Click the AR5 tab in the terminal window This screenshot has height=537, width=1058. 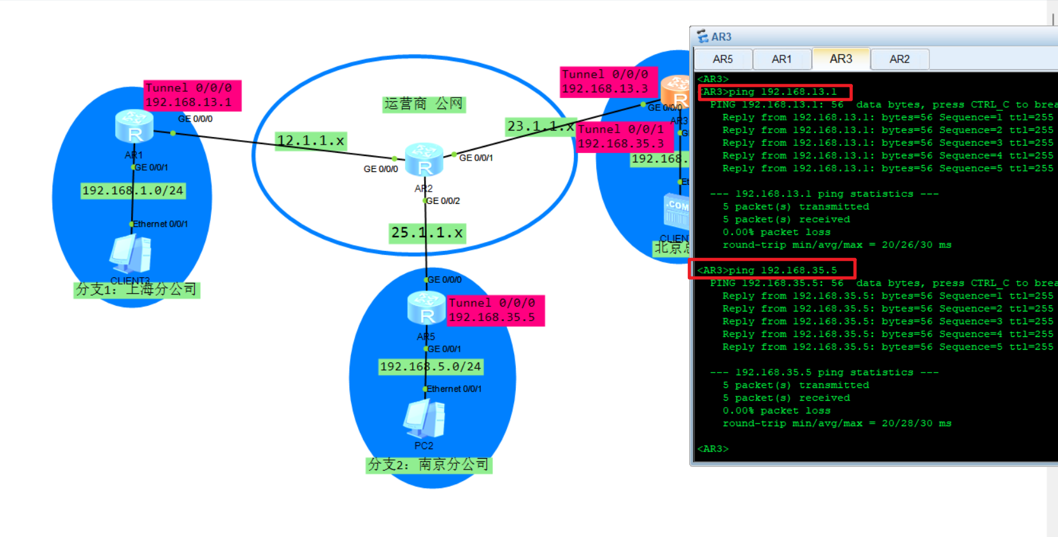click(x=722, y=59)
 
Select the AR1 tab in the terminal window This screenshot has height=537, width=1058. click(x=782, y=59)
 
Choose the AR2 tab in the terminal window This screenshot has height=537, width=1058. click(x=899, y=59)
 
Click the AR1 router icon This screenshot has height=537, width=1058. click(x=134, y=126)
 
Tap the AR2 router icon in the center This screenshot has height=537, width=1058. click(x=424, y=160)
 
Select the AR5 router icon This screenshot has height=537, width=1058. click(x=426, y=308)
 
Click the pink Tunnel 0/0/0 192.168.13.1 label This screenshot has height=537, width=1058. click(x=192, y=95)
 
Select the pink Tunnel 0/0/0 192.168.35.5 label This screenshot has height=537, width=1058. click(x=496, y=310)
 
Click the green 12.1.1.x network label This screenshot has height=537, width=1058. click(x=311, y=141)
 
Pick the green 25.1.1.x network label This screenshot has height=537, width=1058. click(x=427, y=233)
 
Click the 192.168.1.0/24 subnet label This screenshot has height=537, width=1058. click(x=132, y=190)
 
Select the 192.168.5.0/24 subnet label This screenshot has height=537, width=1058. click(x=431, y=366)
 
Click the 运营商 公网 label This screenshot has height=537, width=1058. click(x=424, y=104)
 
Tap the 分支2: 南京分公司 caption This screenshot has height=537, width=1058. click(x=429, y=465)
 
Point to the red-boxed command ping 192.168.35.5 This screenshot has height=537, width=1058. click(x=772, y=270)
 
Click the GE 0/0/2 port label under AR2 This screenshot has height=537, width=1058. click(x=443, y=201)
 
